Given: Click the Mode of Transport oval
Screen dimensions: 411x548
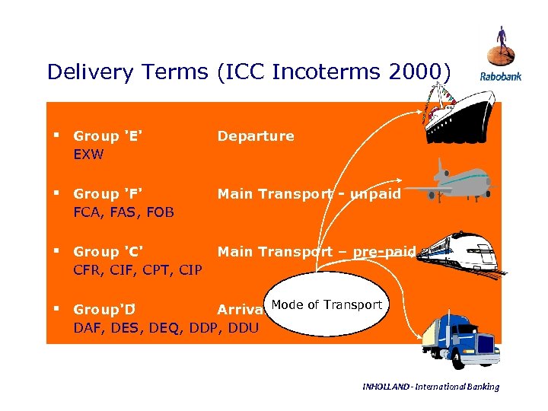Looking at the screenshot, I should tap(326, 306).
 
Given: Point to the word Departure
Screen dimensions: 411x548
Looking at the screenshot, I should tap(256, 136).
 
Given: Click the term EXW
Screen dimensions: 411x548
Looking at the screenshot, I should tap(88, 155).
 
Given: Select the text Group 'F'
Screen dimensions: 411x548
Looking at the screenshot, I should tap(108, 194).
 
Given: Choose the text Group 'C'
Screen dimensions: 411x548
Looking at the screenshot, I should tap(108, 252).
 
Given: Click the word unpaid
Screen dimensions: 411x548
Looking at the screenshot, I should tap(375, 194).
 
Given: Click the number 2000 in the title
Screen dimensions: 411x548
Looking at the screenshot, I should tap(413, 72).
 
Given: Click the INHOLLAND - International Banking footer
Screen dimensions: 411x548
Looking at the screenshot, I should tap(431, 387).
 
